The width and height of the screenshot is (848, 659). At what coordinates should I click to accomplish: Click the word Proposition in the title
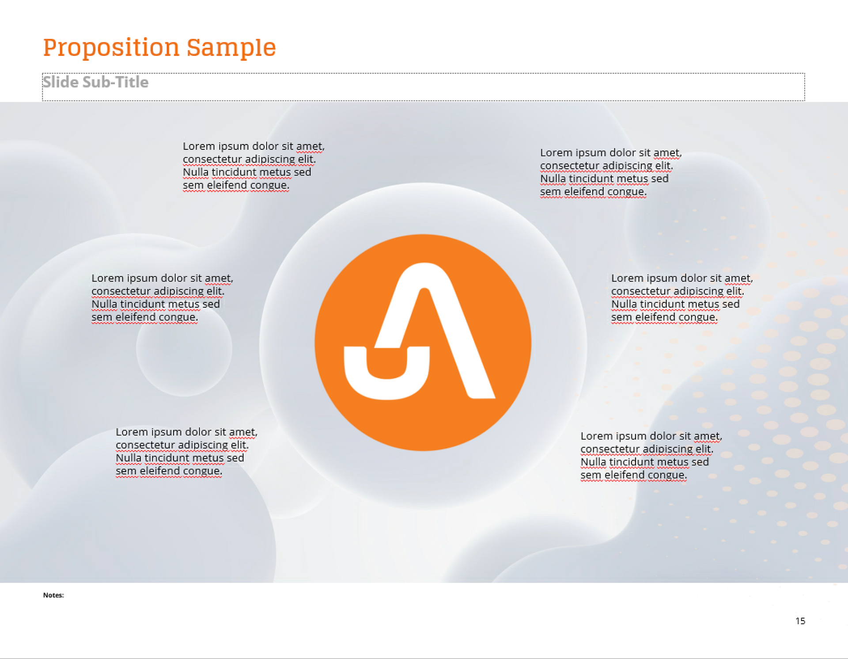coord(111,48)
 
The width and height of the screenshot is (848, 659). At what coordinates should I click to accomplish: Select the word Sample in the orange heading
coord(231,48)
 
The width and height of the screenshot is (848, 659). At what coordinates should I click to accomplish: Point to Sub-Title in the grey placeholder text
coord(115,82)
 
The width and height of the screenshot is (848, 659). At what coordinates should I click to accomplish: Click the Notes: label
coord(53,595)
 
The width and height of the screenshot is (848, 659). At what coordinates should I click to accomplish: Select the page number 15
coord(800,621)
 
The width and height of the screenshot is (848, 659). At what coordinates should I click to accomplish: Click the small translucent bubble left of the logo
coord(184,348)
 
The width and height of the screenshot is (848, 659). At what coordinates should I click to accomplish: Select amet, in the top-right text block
coord(667,153)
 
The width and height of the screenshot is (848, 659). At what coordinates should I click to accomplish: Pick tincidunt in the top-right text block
coord(591,179)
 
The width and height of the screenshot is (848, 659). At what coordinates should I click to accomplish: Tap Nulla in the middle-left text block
coord(104,304)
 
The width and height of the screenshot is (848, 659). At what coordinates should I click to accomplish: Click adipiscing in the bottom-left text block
coord(203,445)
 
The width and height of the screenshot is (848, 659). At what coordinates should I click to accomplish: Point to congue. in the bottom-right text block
coord(668,475)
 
